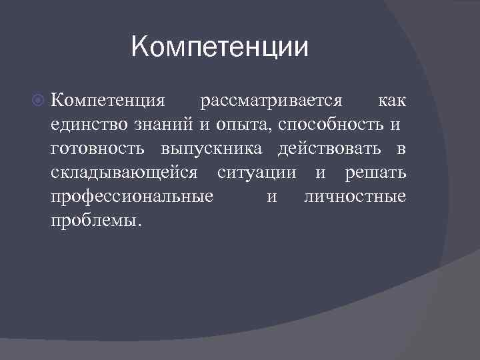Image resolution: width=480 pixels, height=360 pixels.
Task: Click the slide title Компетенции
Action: click(x=220, y=47)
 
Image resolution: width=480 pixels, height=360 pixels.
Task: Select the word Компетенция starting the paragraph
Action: click(x=107, y=101)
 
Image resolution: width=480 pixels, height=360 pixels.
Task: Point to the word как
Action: click(x=392, y=101)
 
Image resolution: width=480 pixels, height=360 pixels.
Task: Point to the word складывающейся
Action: click(x=124, y=173)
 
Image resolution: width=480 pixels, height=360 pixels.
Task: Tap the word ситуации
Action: click(x=257, y=173)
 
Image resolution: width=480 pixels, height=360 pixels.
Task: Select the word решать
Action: click(x=375, y=173)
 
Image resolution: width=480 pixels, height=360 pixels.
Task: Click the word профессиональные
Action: click(x=132, y=197)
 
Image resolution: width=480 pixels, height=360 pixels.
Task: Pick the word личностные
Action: click(x=354, y=197)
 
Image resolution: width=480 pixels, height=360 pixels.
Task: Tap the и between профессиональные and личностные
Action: click(x=271, y=197)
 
